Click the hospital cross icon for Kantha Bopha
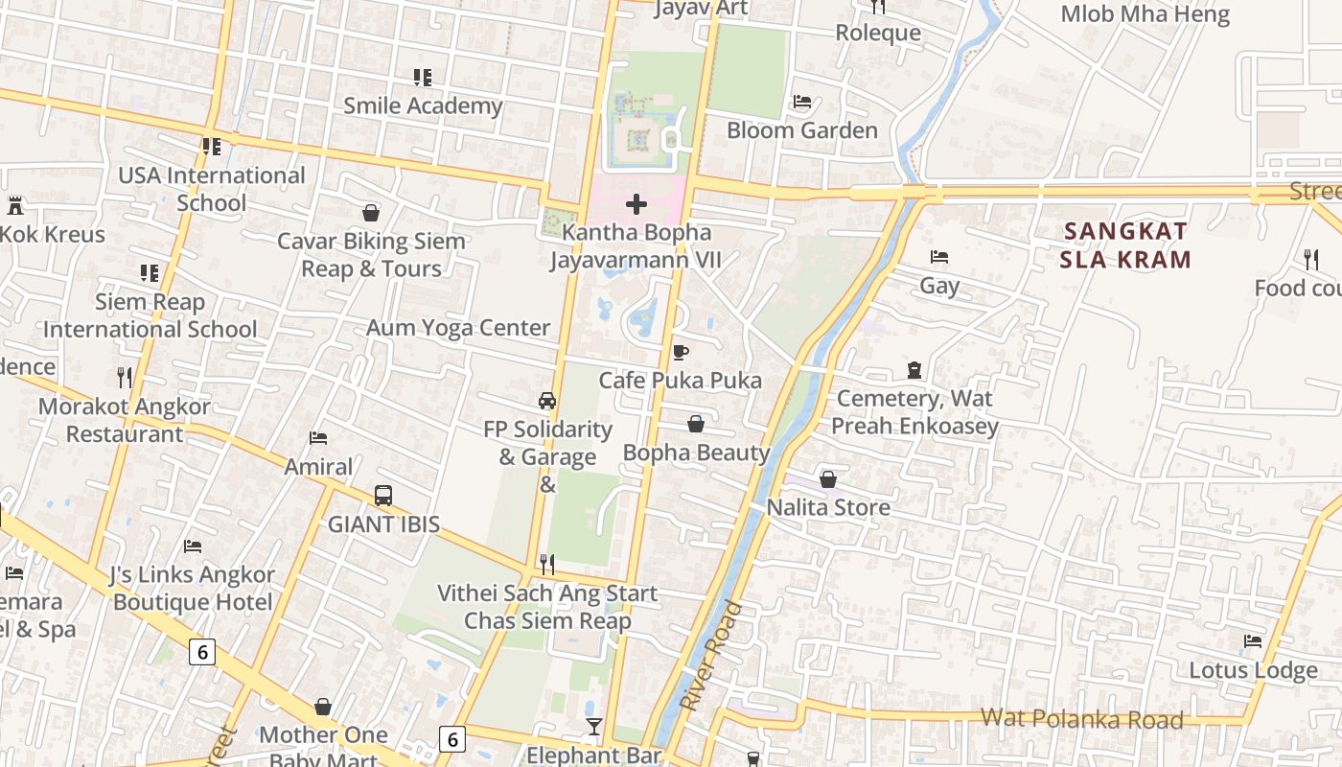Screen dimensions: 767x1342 click(636, 204)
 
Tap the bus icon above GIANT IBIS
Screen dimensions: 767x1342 click(383, 496)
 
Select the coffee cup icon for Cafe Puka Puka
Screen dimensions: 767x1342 click(681, 352)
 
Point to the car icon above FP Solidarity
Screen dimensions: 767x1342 click(547, 401)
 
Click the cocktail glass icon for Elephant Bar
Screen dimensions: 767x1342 click(594, 727)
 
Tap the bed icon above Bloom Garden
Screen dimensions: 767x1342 click(802, 102)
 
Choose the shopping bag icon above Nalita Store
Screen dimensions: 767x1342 click(828, 478)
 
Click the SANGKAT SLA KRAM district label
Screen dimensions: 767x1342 click(1126, 245)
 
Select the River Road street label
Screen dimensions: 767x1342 click(711, 657)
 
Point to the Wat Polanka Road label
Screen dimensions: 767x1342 click(1081, 719)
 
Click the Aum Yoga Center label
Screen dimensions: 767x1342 click(458, 328)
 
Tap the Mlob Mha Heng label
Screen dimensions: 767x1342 click(1145, 14)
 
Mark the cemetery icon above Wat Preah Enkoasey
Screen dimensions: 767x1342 click(914, 370)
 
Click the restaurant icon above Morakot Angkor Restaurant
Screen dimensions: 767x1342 click(124, 377)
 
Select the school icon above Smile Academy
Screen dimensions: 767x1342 click(423, 77)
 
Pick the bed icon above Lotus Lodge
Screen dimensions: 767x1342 click(1253, 641)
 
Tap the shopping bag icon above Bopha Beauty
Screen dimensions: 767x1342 click(696, 424)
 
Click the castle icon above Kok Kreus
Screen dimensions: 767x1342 click(14, 204)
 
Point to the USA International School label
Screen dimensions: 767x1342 click(211, 189)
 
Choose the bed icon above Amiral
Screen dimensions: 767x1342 click(318, 438)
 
